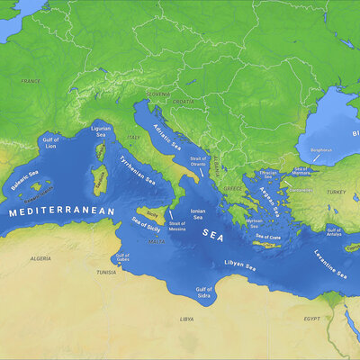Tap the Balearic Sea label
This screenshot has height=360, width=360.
pos(25,179)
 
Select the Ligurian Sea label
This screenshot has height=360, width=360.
pos(101,134)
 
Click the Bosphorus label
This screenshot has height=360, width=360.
pos(320,150)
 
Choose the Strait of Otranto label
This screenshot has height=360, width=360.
pos(198,163)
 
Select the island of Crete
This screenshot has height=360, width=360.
pos(266,243)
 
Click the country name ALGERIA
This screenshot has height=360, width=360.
pos(40,258)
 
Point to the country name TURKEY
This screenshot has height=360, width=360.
pos(336,192)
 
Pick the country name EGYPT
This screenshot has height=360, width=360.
pos(311,319)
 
